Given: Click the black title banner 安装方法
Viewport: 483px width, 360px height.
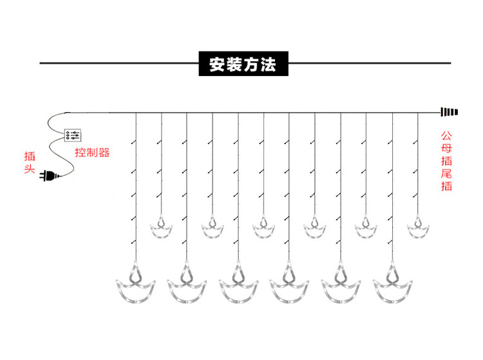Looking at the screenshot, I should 241,64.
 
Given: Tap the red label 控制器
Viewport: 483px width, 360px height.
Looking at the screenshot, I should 92,153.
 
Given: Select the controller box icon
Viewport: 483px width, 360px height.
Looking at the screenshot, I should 73,135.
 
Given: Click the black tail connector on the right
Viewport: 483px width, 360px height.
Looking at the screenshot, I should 448,111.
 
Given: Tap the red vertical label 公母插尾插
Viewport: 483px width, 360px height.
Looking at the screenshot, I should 446,161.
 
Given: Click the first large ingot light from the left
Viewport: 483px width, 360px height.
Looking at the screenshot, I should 136,287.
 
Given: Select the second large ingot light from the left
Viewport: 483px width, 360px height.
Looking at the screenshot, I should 187,287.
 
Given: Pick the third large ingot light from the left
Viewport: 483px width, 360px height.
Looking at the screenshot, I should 238,287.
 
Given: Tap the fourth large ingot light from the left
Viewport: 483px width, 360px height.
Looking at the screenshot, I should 289,287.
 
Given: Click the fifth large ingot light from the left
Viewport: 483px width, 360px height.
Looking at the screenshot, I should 341,287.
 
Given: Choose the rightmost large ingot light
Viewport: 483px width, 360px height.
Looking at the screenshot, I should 392,287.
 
